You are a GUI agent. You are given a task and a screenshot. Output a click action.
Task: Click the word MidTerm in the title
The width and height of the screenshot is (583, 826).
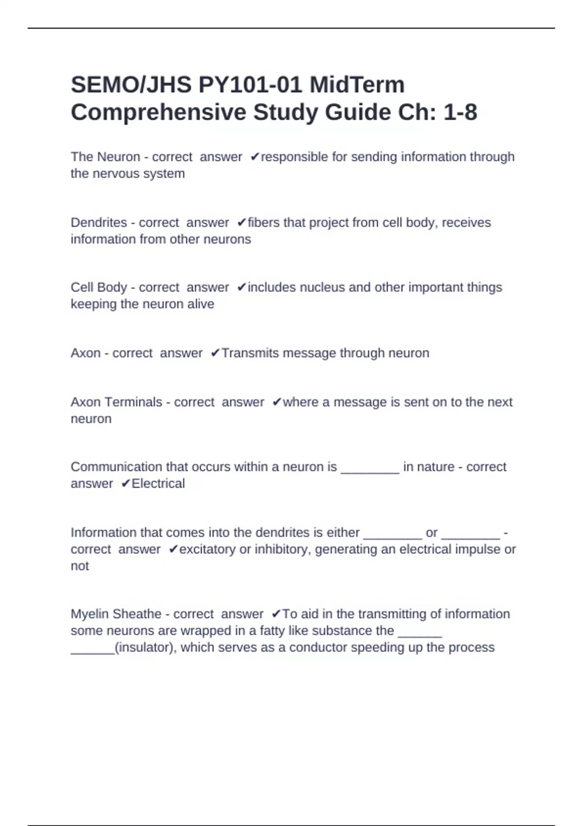coord(357,85)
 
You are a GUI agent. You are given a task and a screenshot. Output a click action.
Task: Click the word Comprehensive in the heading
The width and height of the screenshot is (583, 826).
coord(158,112)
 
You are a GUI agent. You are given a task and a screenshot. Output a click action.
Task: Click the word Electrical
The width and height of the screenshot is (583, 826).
coord(158,483)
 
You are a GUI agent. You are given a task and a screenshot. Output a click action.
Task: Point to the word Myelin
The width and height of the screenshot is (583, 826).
coord(90,614)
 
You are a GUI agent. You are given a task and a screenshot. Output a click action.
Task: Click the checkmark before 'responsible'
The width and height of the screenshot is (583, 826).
coord(255,157)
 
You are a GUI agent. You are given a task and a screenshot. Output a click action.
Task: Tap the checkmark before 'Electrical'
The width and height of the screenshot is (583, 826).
coord(125,483)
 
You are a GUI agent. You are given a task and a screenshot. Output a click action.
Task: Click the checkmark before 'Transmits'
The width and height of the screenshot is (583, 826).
coord(215,353)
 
